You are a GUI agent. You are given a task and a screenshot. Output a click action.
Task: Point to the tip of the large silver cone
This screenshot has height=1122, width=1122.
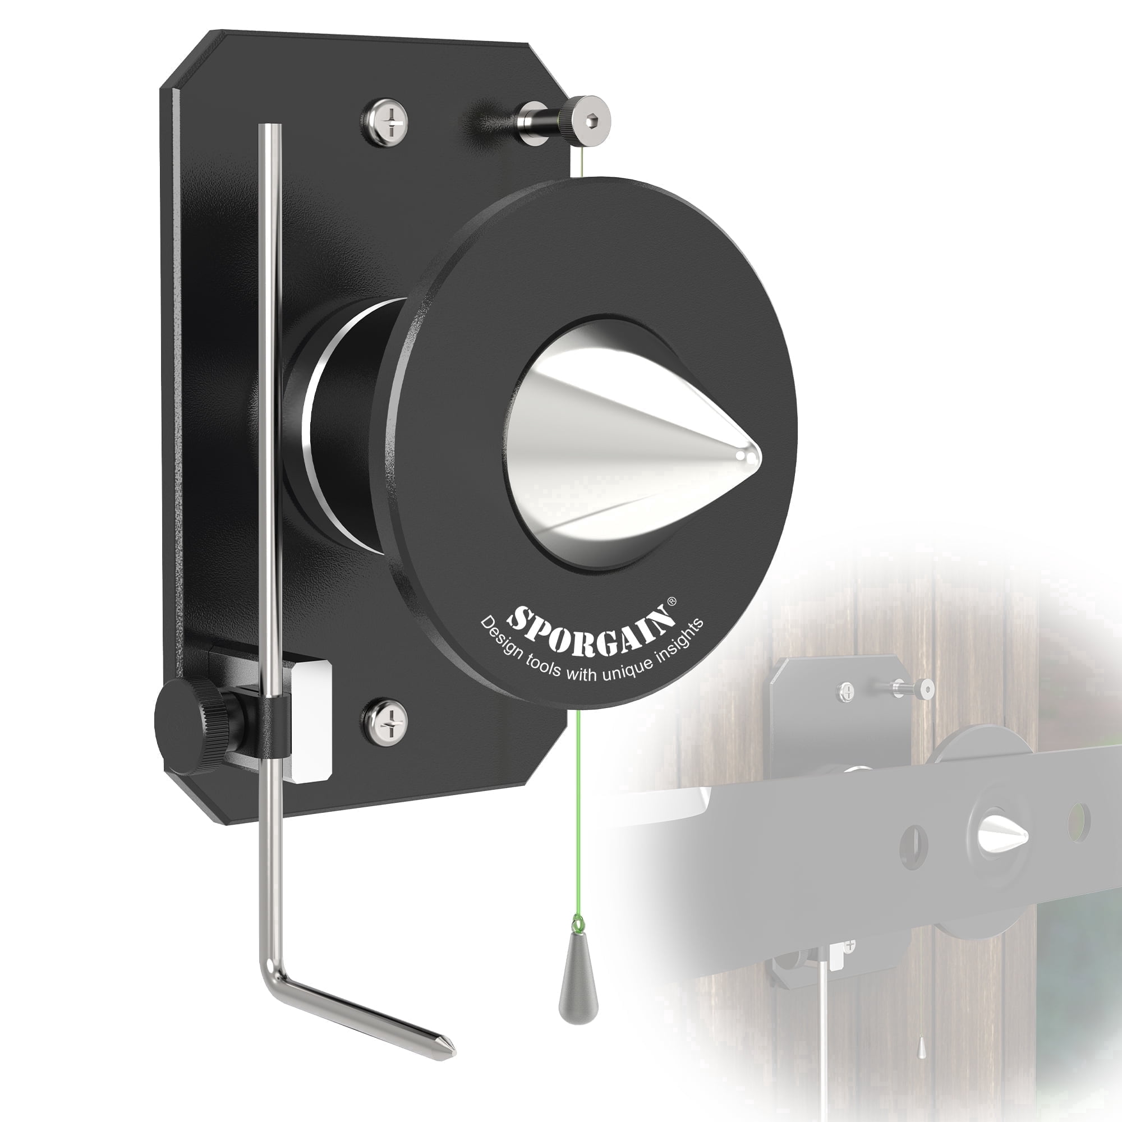[x=758, y=457]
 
